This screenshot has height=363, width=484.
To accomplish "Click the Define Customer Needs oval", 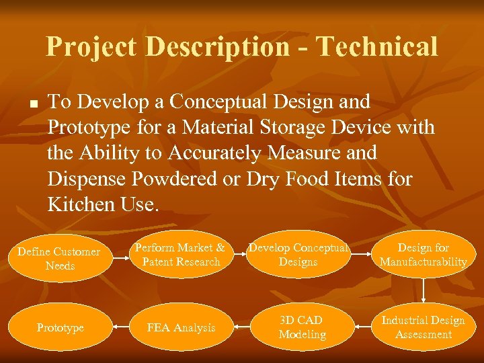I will click(59, 259).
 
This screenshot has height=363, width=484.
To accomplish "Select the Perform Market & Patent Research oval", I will click(179, 255).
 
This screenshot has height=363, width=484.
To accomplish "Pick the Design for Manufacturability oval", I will click(424, 255).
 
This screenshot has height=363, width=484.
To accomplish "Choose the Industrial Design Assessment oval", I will click(424, 327).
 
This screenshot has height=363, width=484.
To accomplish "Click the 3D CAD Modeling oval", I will click(302, 327).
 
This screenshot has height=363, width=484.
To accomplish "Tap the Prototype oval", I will click(61, 327).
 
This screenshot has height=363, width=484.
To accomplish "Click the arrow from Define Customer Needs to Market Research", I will click(115, 255).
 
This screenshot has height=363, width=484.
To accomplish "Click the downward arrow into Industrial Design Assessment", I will click(424, 290).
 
